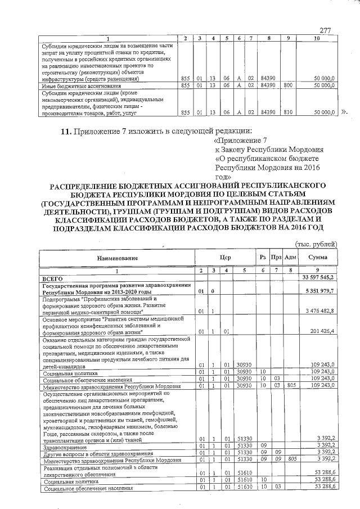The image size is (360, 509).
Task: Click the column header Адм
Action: (x=291, y=258)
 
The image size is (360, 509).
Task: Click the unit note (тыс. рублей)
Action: (x=316, y=244)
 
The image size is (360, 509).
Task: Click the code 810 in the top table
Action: (x=288, y=112)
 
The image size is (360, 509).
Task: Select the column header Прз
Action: (x=276, y=258)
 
